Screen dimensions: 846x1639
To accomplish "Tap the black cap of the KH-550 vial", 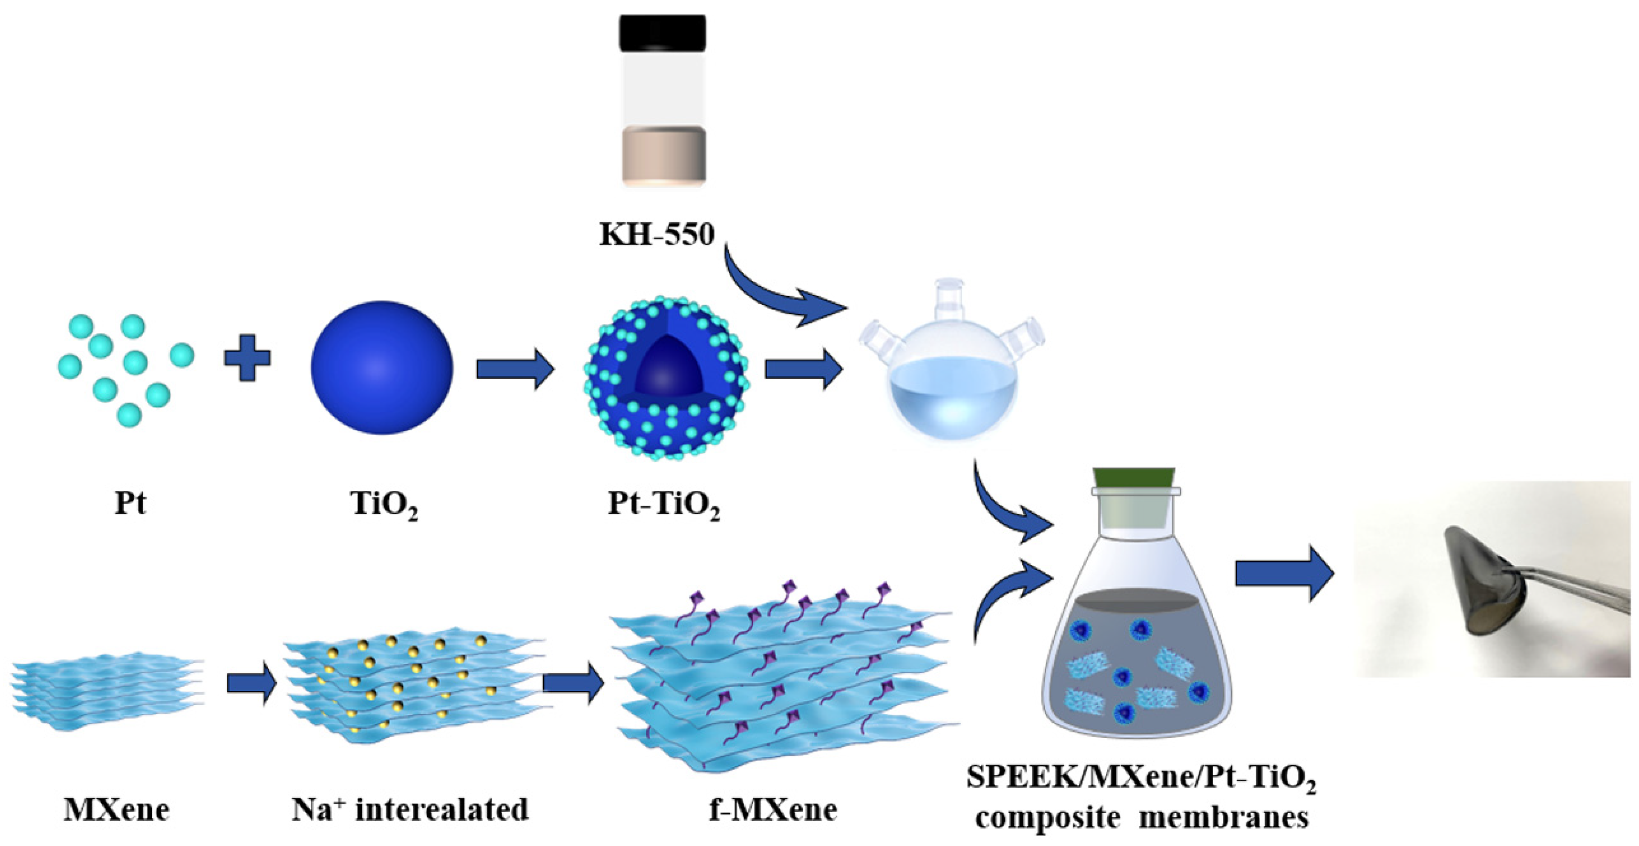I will tap(662, 33).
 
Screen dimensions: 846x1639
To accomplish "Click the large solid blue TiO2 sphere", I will tap(382, 367).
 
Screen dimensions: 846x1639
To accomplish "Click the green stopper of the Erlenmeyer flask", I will tap(1134, 477).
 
